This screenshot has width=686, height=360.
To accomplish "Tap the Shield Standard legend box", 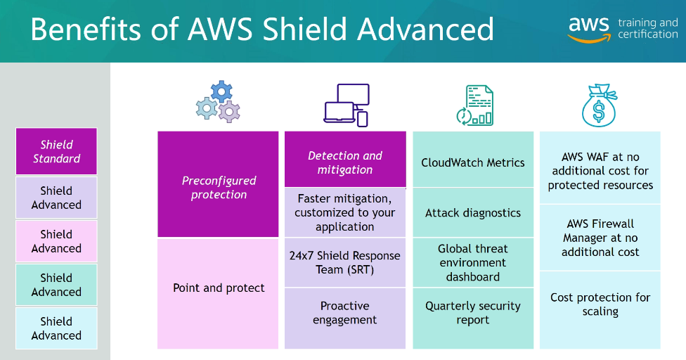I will click(x=56, y=151).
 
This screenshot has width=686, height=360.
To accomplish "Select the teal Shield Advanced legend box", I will click(x=56, y=285).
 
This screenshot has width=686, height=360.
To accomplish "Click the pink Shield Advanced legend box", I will click(x=56, y=241).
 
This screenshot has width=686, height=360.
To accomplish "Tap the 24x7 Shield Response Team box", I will click(x=345, y=262).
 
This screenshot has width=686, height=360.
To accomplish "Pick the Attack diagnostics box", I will click(x=473, y=213).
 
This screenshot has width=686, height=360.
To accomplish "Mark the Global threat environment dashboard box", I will click(x=473, y=262).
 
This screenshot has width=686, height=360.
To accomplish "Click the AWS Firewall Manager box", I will click(x=600, y=238).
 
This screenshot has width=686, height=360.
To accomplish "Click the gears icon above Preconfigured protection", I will click(x=218, y=103).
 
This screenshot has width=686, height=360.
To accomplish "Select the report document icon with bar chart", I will click(x=474, y=106).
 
